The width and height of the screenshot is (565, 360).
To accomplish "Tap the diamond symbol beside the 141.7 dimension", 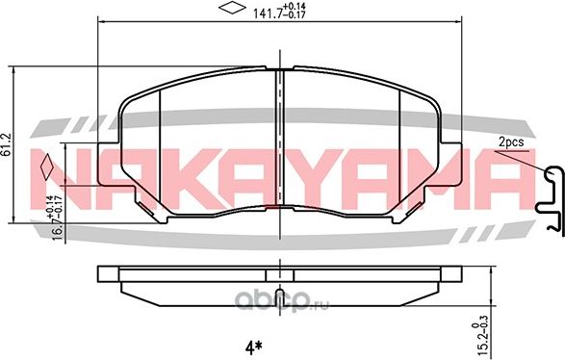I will coord(231,10).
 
